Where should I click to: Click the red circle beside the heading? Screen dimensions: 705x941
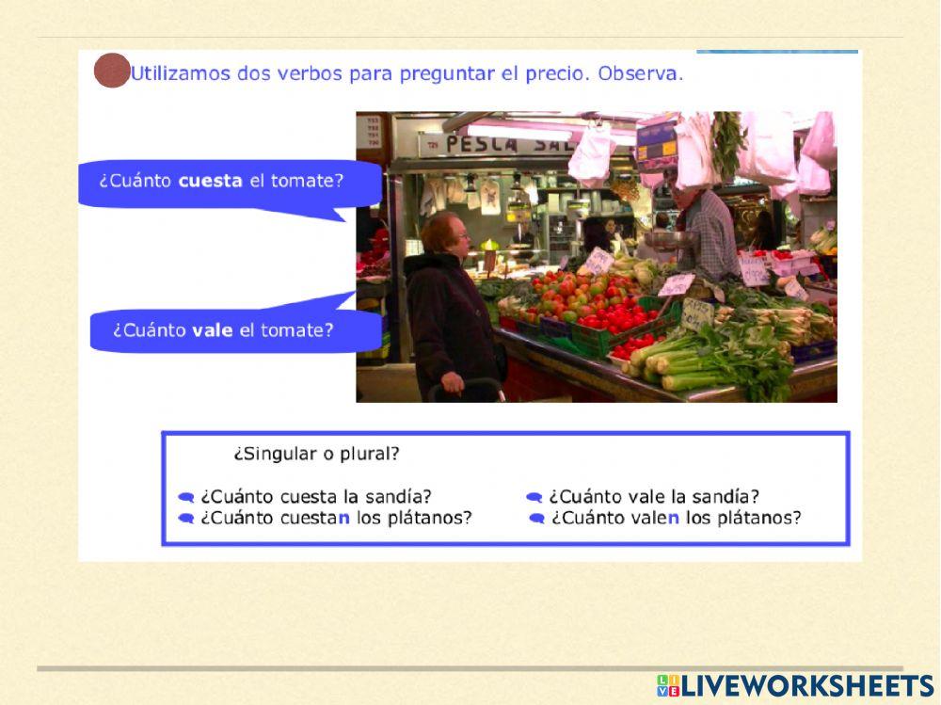(112, 72)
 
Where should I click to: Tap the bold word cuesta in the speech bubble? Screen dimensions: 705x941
(211, 180)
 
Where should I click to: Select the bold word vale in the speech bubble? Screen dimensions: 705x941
(212, 330)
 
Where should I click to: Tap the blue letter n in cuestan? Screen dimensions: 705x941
(344, 518)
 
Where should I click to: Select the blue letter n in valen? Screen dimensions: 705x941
(673, 518)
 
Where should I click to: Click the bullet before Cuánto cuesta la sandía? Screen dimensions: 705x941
(186, 497)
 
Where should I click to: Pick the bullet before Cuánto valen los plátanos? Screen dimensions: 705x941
(537, 518)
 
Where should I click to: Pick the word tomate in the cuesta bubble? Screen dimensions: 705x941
(308, 180)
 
